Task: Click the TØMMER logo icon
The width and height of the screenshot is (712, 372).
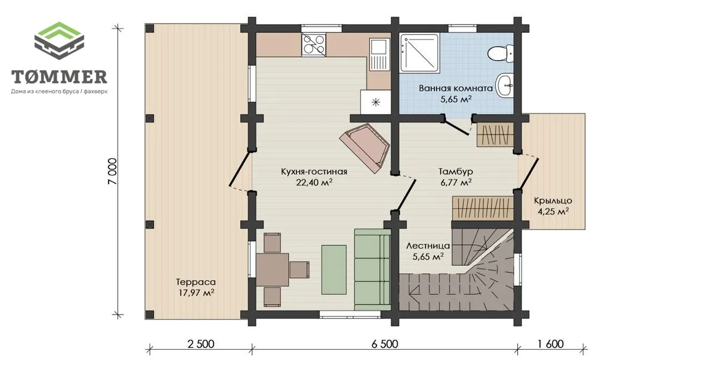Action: (x=59, y=41)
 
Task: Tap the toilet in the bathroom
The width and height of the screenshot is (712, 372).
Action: (x=501, y=54)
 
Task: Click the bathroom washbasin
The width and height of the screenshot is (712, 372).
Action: (x=505, y=85)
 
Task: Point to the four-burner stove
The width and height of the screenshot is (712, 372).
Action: (x=314, y=45)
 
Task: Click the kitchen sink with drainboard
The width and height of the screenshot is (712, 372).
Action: (x=379, y=54)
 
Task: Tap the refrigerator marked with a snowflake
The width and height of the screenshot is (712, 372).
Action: (x=375, y=102)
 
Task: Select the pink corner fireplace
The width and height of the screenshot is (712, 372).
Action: (x=364, y=148)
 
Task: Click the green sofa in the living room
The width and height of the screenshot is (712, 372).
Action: (x=372, y=269)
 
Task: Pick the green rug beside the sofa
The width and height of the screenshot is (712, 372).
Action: (x=334, y=269)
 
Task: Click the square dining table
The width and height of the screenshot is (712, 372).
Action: (x=273, y=269)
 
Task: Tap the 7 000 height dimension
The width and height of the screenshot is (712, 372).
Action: (x=112, y=172)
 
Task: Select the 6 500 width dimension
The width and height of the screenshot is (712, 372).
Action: (x=384, y=344)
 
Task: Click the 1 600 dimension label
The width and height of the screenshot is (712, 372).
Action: (x=551, y=344)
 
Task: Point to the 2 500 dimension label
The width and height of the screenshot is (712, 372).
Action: (x=201, y=344)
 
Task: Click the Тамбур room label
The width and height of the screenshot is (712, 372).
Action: (x=456, y=172)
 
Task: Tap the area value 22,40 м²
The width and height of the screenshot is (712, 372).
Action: (x=314, y=183)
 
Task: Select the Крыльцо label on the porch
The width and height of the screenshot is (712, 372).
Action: (x=553, y=201)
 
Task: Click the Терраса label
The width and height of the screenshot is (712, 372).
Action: (x=196, y=282)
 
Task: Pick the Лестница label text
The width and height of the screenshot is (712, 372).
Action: (x=428, y=246)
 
